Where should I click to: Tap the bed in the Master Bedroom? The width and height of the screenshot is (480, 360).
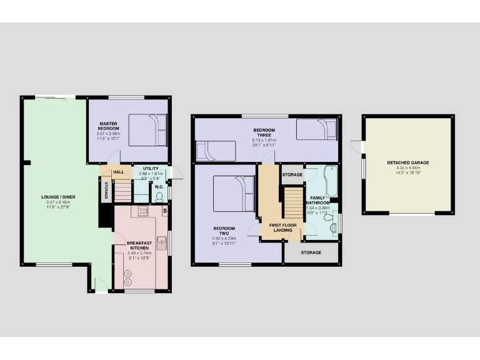point(148,129)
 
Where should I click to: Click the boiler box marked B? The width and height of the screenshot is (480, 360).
point(164,211)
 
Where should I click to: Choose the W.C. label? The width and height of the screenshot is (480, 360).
point(159,186)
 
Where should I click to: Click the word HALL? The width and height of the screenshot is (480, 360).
point(117,172)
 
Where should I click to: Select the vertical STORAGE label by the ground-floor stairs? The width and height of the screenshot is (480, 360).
point(106,190)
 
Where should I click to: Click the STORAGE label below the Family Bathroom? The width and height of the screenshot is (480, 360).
point(311,252)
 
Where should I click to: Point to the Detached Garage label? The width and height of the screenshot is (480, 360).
point(407,162)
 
